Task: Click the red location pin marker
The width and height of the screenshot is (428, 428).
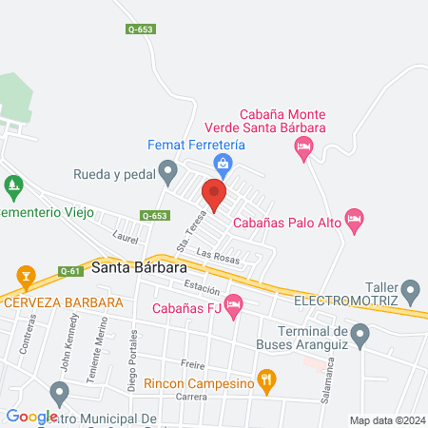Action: [214, 196]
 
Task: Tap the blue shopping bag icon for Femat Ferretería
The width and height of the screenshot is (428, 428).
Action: [223, 165]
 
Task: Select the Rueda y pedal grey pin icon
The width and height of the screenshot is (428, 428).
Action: [168, 172]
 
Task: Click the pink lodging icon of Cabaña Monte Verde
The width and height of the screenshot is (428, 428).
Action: [303, 146]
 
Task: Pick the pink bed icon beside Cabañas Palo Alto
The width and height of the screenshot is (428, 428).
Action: [354, 220]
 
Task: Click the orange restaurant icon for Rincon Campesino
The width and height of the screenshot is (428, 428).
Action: [267, 382]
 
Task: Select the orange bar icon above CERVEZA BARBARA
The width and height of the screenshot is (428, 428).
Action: [27, 280]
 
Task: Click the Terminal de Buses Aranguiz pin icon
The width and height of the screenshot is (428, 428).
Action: [360, 334]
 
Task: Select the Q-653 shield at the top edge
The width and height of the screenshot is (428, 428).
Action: [139, 29]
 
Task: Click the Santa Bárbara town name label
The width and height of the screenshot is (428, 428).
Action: [134, 268]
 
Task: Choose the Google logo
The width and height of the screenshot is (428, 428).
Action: [31, 417]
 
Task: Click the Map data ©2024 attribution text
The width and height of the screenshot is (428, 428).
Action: [386, 420]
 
